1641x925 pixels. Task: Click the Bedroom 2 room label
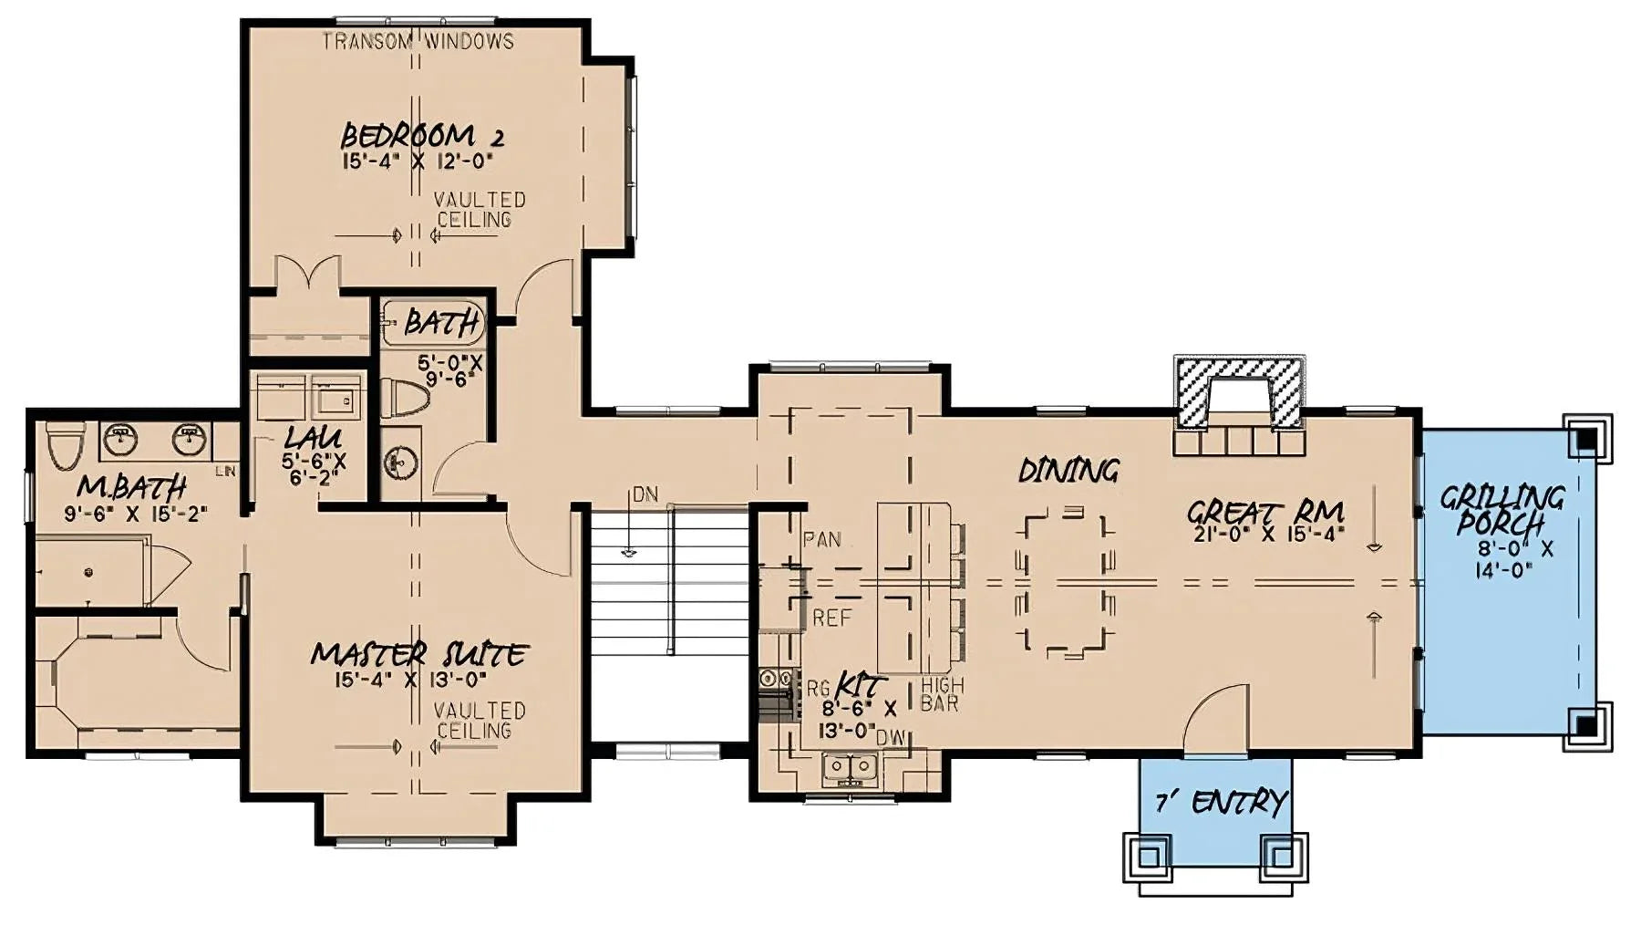click(421, 138)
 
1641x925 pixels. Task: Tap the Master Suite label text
click(418, 655)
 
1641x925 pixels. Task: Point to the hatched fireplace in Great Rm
click(1239, 394)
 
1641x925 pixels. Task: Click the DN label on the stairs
click(645, 495)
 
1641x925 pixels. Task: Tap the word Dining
click(1068, 471)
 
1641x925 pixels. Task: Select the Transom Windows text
click(418, 41)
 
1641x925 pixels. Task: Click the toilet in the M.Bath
click(64, 447)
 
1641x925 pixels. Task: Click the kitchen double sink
click(849, 770)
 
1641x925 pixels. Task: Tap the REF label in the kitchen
click(831, 618)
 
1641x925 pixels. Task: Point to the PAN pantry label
click(822, 540)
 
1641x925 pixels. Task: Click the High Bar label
click(941, 694)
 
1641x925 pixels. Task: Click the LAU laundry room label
click(312, 438)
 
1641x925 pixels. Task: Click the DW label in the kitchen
click(895, 740)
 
